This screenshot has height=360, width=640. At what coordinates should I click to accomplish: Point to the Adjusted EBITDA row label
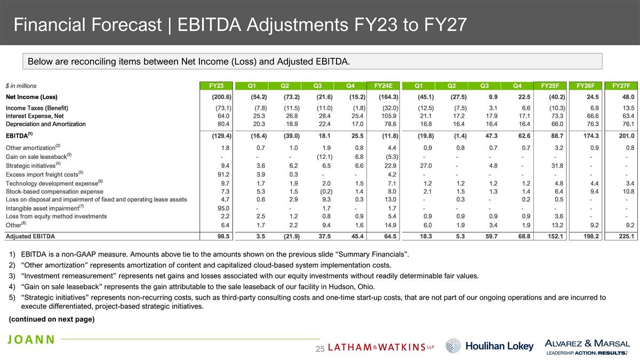coord(30,236)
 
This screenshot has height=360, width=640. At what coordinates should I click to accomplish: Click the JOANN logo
coord(31,340)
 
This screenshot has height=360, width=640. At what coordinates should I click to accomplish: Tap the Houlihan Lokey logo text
coord(499,346)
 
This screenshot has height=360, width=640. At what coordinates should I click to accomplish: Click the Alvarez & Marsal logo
coord(587,346)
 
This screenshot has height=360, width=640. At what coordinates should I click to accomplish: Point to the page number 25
coord(320,349)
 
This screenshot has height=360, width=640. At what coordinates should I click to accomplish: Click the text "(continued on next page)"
coord(52,319)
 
